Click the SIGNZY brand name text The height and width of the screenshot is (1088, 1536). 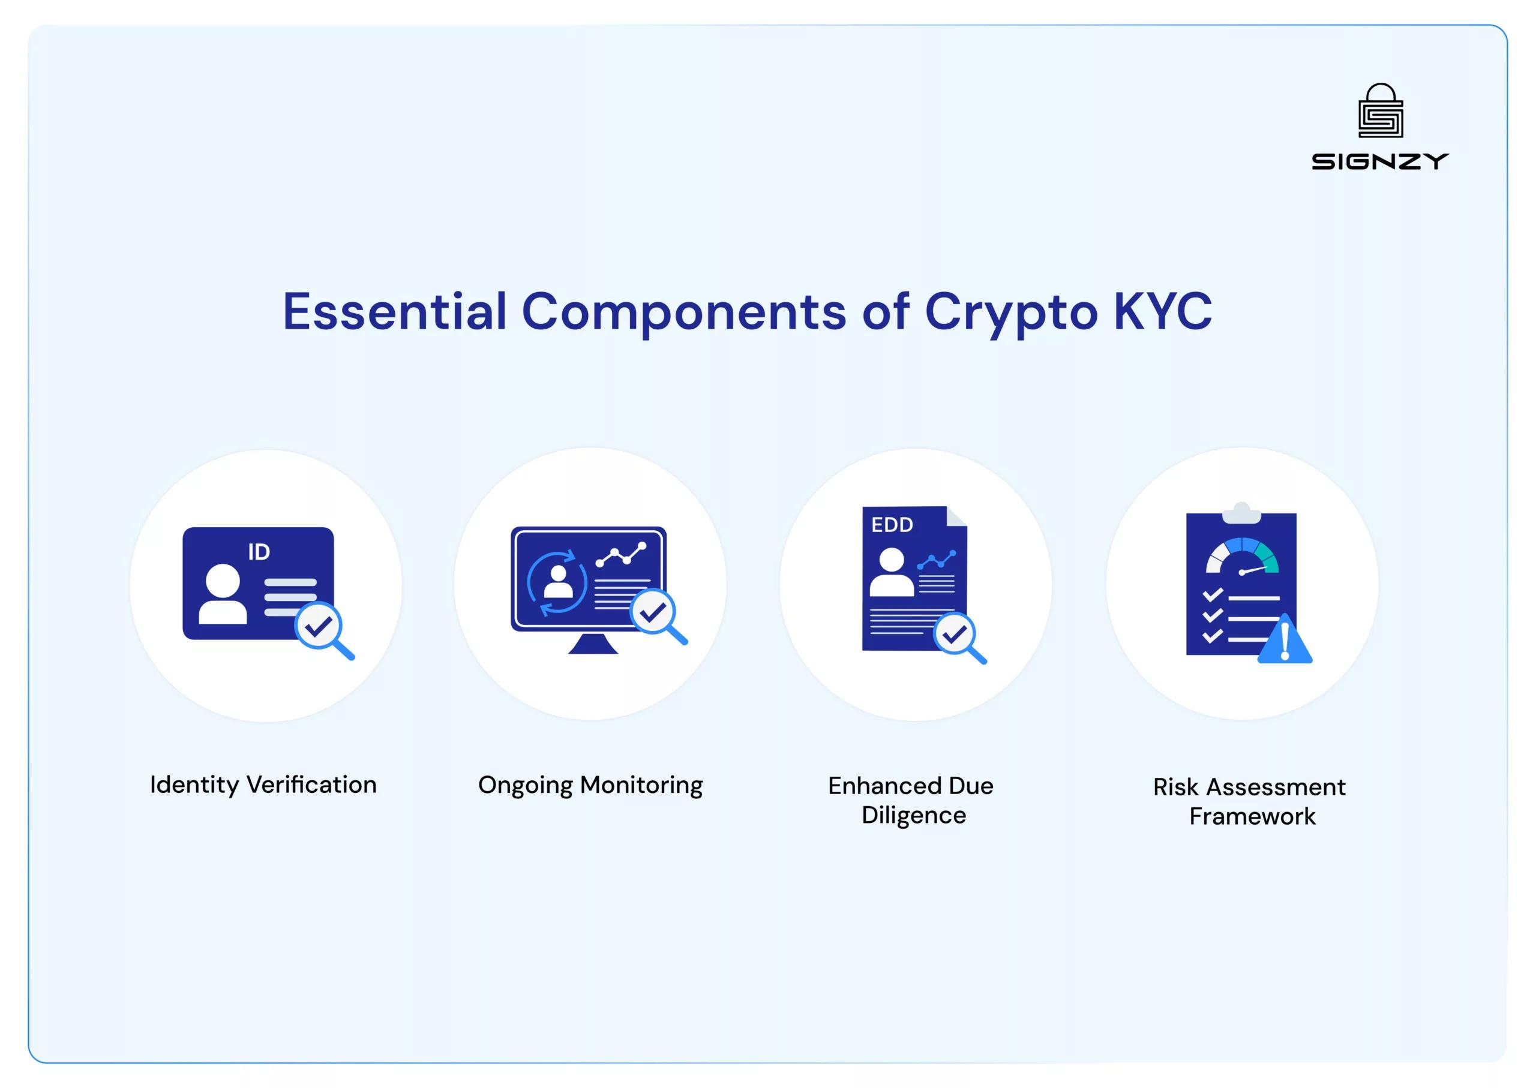[x=1380, y=161]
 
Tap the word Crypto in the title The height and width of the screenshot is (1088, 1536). [x=1010, y=313]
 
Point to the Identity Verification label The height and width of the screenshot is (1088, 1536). [x=263, y=785]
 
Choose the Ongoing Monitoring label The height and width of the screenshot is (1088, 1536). [x=590, y=785]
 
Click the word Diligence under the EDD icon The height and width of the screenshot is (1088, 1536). [x=913, y=815]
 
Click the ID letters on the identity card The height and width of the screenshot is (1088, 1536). [x=259, y=552]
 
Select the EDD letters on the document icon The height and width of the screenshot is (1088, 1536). [x=892, y=525]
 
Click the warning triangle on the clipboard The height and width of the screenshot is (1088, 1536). [x=1285, y=641]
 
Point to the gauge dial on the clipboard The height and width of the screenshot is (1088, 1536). [x=1242, y=557]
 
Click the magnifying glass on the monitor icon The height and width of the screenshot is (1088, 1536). [x=657, y=615]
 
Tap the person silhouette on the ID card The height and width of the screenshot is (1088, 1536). [x=223, y=594]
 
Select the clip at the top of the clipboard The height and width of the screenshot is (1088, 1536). [x=1242, y=513]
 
